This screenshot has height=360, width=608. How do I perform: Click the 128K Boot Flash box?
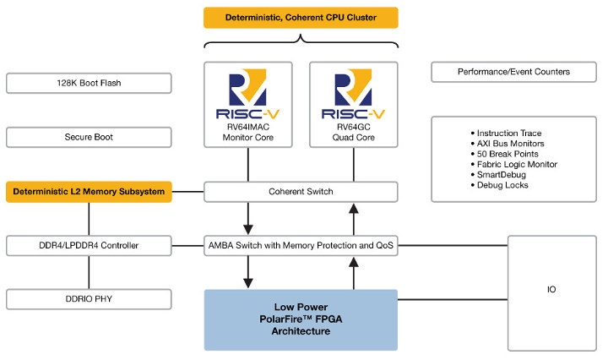tap(89, 83)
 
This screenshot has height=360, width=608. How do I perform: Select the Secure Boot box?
tap(89, 137)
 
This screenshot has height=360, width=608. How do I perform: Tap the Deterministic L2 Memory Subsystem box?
tap(89, 192)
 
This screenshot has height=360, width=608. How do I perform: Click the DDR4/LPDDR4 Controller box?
tap(89, 246)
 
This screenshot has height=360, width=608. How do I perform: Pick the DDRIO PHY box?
tap(89, 299)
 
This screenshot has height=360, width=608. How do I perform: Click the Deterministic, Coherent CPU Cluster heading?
tap(300, 18)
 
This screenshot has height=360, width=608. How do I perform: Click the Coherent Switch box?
tap(300, 192)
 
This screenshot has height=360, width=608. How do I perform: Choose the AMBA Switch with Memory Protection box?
tap(300, 246)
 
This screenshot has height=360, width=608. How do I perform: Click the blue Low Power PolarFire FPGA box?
tap(300, 319)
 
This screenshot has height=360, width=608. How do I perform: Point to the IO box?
tap(551, 290)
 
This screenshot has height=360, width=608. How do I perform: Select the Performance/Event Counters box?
tap(513, 72)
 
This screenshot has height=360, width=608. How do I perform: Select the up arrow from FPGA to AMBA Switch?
tap(353, 273)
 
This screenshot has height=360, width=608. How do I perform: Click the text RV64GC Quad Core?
tap(353, 136)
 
